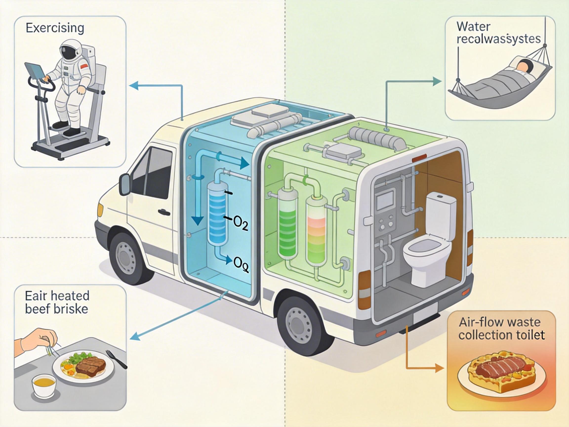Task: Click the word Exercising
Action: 55,28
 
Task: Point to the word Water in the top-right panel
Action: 474,27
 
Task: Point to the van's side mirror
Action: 125,184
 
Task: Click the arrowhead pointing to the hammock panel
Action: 437,81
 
